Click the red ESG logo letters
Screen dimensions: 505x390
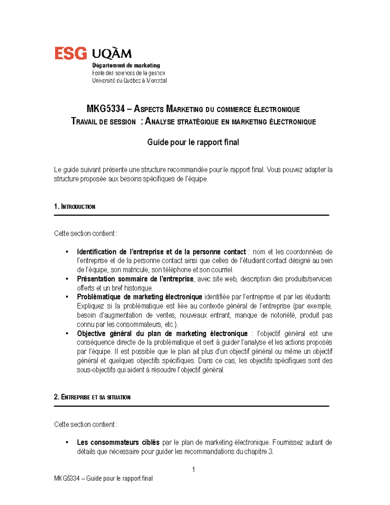click(x=71, y=53)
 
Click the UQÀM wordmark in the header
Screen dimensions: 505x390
click(x=112, y=53)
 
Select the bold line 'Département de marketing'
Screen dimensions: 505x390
click(x=126, y=65)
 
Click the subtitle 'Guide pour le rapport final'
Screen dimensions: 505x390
click(x=193, y=142)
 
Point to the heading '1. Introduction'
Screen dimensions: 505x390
click(x=74, y=206)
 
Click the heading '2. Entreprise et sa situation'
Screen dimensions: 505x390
click(x=92, y=397)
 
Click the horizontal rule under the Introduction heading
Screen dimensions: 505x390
click(x=191, y=215)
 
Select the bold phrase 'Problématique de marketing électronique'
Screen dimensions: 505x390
click(x=139, y=297)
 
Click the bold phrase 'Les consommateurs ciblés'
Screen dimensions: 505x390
click(x=118, y=442)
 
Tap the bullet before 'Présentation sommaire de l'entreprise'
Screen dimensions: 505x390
click(x=67, y=279)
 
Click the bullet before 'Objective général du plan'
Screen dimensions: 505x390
click(x=67, y=334)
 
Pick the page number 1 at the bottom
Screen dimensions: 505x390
click(x=194, y=469)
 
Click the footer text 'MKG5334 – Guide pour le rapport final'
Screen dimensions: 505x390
click(x=103, y=478)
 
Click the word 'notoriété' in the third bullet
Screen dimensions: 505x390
click(x=281, y=315)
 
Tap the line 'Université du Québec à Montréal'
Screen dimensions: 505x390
click(x=129, y=80)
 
